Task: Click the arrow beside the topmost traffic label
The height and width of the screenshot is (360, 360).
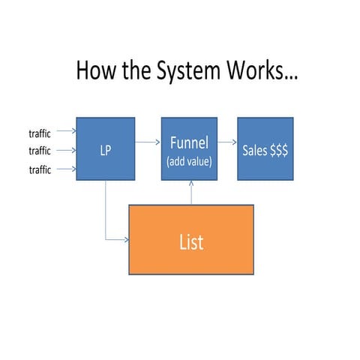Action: pyautogui.click(x=65, y=134)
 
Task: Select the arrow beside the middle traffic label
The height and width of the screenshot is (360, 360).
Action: pyautogui.click(x=65, y=151)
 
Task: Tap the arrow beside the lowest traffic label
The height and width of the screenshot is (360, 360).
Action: pyautogui.click(x=65, y=169)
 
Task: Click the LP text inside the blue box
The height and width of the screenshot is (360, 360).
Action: pyautogui.click(x=106, y=150)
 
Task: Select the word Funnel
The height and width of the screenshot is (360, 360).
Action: pyautogui.click(x=190, y=143)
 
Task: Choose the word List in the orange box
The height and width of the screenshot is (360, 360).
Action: pyautogui.click(x=191, y=241)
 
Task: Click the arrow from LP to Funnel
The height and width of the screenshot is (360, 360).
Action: pyautogui.click(x=148, y=139)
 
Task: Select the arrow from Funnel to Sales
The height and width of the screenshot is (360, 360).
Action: pyautogui.click(x=227, y=140)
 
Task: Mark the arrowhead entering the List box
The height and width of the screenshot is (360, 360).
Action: pyautogui.click(x=126, y=240)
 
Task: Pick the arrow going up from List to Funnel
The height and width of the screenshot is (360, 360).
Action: pyautogui.click(x=191, y=192)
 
